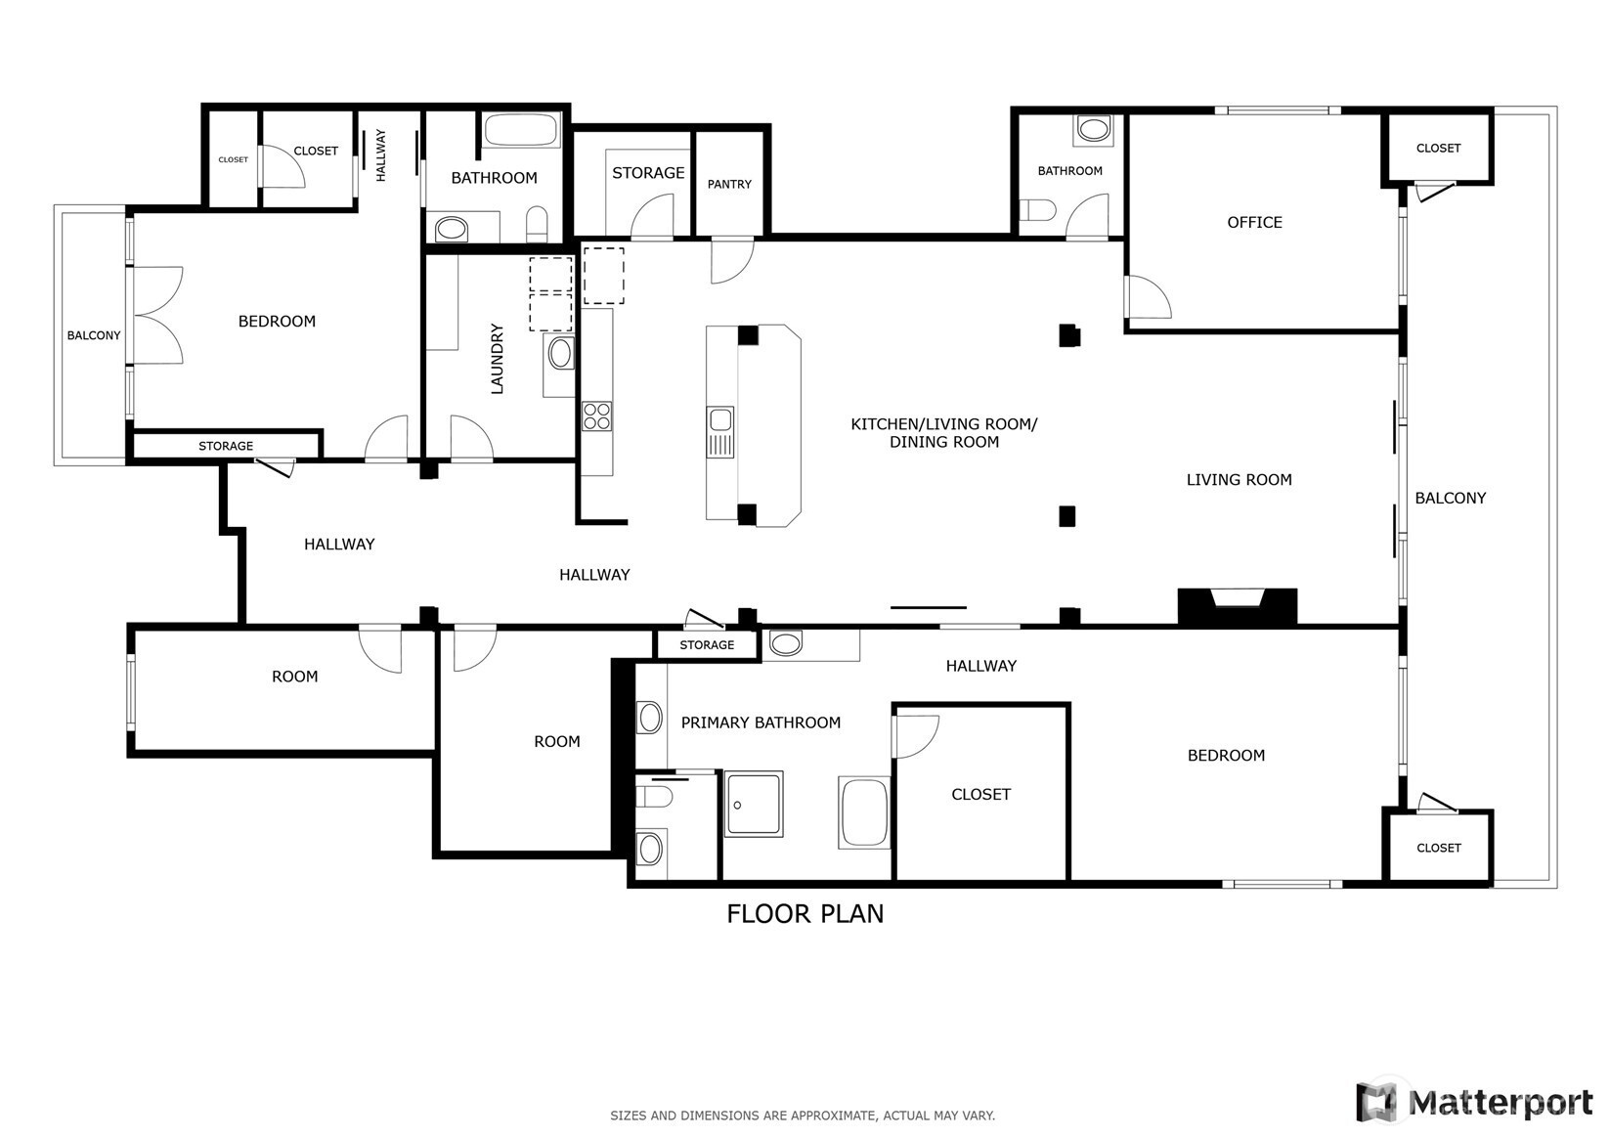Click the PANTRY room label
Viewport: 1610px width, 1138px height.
[x=729, y=184]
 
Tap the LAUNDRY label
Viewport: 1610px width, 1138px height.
[x=497, y=359]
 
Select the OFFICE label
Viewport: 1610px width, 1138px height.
[x=1254, y=222]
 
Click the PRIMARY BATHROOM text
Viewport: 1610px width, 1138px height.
[x=761, y=722]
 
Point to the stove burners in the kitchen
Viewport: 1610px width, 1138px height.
[x=596, y=416]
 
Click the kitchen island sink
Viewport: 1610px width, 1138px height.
[x=720, y=431]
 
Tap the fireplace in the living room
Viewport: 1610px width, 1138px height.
[x=1237, y=606]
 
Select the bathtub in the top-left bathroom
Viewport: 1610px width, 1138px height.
[x=521, y=130]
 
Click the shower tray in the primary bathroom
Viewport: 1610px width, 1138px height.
[x=754, y=804]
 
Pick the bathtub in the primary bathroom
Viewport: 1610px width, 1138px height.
[x=864, y=812]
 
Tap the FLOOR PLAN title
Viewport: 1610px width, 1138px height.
[x=805, y=914]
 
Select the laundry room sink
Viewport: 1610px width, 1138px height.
[x=560, y=353]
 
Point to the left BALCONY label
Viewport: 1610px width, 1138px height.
[x=94, y=335]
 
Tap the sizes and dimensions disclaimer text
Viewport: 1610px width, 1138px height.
[x=803, y=1116]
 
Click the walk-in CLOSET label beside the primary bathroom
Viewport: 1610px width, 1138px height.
[x=980, y=795]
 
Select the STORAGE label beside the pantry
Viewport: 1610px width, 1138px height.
[x=648, y=172]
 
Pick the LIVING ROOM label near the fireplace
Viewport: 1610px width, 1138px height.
[x=1239, y=479]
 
